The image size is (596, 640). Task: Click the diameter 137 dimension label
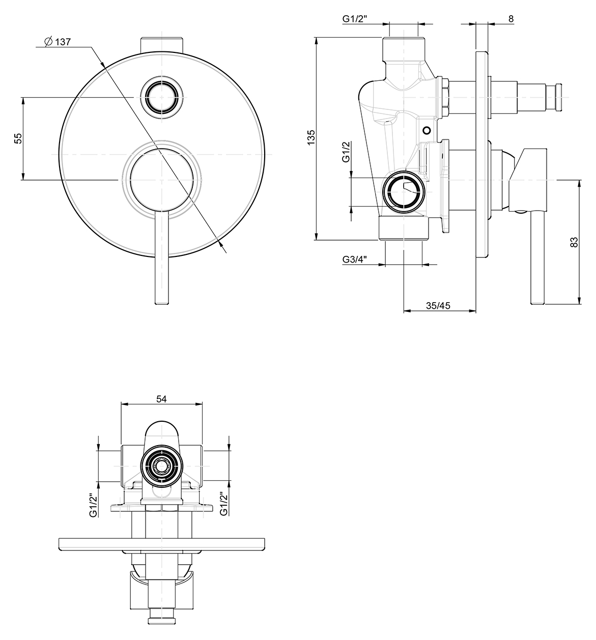coord(58,42)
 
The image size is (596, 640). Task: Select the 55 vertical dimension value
coord(19,138)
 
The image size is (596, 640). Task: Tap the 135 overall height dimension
coord(311,137)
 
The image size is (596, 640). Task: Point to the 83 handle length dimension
coord(574,242)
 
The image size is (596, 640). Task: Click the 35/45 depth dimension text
coord(438,305)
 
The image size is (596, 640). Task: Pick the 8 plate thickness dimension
coord(511,19)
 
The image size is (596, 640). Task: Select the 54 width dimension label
coord(161,399)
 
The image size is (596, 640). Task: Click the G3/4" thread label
coord(354,259)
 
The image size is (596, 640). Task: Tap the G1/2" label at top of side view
coord(355,19)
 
